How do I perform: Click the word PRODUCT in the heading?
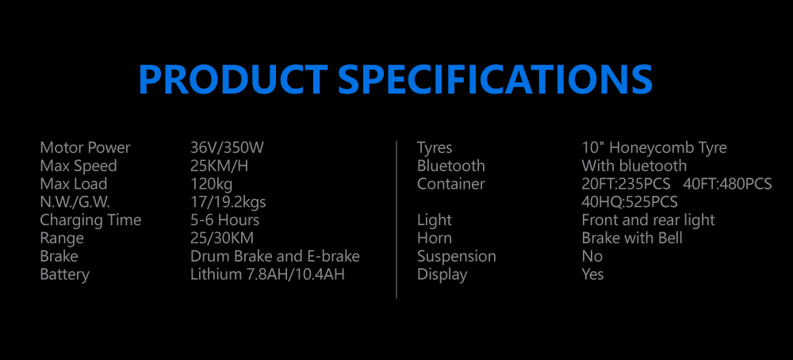[x=233, y=80]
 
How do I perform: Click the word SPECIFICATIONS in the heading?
[x=496, y=80]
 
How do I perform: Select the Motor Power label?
[x=85, y=147]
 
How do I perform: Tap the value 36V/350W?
[x=227, y=147]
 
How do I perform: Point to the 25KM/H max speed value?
[x=219, y=166]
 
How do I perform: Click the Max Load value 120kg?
[x=212, y=184]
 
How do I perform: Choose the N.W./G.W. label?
[x=75, y=202]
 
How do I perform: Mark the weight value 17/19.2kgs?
[x=228, y=203]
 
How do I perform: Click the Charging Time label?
[x=90, y=220]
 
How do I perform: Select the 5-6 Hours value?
[x=224, y=220]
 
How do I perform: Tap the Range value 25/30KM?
[x=222, y=238]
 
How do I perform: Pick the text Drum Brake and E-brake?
[x=275, y=256]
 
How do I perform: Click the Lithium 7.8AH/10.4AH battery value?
[x=267, y=274]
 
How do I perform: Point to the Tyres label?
[x=435, y=148]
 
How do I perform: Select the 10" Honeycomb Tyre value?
[x=654, y=148]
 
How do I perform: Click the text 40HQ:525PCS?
[x=630, y=202]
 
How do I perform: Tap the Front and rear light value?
[x=649, y=220]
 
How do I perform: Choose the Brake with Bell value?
[x=632, y=238]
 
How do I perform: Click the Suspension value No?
[x=592, y=256]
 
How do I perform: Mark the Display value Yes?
[x=592, y=274]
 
